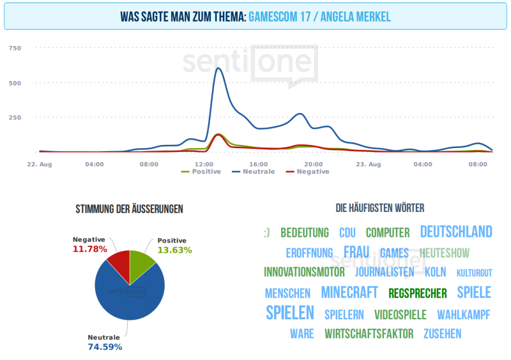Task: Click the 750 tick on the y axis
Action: tap(15, 48)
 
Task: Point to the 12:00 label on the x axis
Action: tap(204, 164)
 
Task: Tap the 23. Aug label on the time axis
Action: tap(368, 164)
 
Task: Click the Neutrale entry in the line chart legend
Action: tap(257, 172)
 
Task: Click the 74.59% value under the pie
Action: tap(105, 347)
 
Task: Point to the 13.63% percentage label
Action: tap(174, 250)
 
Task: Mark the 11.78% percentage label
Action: tap(89, 249)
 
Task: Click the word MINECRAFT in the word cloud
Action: tap(349, 292)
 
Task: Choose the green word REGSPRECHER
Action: tap(418, 293)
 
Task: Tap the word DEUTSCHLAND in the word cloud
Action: tap(456, 231)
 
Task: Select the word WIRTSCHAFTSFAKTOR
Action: tap(369, 334)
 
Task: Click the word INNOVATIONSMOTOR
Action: tap(304, 272)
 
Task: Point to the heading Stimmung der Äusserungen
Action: tap(130, 209)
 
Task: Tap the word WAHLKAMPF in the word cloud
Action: tap(464, 315)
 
